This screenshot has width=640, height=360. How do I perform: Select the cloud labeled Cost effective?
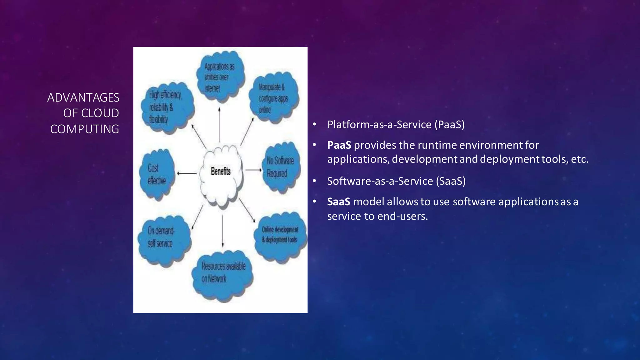coord(157,174)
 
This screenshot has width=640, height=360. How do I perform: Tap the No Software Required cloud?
coord(281,167)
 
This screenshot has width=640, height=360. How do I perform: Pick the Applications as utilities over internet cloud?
coord(220,77)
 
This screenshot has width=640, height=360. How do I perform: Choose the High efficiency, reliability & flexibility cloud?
coord(166,107)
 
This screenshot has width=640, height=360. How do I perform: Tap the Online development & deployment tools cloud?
coord(280,237)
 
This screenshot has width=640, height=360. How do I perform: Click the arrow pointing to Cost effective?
coord(187,173)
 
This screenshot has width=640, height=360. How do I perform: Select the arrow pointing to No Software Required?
coord(253,170)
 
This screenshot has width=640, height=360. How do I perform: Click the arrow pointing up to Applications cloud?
coord(219,125)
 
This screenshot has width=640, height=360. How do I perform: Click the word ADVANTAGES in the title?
coord(83,97)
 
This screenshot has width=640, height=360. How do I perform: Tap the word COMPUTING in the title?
coord(84,129)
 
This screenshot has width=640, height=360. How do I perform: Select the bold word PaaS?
coord(339,145)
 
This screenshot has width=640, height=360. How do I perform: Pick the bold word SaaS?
coord(338,202)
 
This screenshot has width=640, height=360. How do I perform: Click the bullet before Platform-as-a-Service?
coord(315,125)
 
